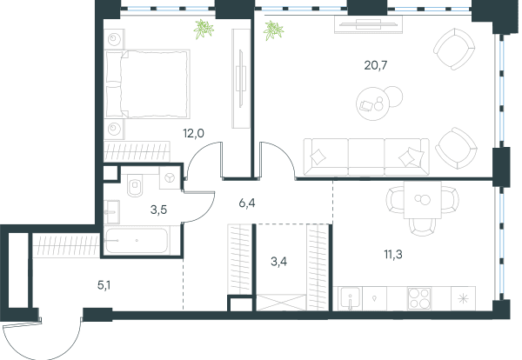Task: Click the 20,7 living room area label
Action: click(376, 65)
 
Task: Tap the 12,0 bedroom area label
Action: click(193, 133)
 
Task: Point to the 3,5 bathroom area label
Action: click(158, 210)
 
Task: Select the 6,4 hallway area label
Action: click(247, 203)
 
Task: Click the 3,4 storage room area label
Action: click(279, 262)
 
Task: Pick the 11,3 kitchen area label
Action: click(393, 255)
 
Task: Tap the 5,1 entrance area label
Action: click(104, 285)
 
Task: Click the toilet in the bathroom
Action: click(136, 187)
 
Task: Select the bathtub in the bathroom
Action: click(136, 240)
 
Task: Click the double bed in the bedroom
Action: click(147, 84)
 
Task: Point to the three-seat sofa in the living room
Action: click(366, 157)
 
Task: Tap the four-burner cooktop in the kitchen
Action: click(419, 298)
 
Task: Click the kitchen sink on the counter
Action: click(350, 298)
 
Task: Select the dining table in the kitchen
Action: click(423, 200)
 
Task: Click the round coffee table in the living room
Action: click(372, 104)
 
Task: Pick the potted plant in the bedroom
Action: click(204, 29)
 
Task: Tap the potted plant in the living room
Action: click(273, 30)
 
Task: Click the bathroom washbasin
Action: click(112, 212)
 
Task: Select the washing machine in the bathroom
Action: click(171, 177)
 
